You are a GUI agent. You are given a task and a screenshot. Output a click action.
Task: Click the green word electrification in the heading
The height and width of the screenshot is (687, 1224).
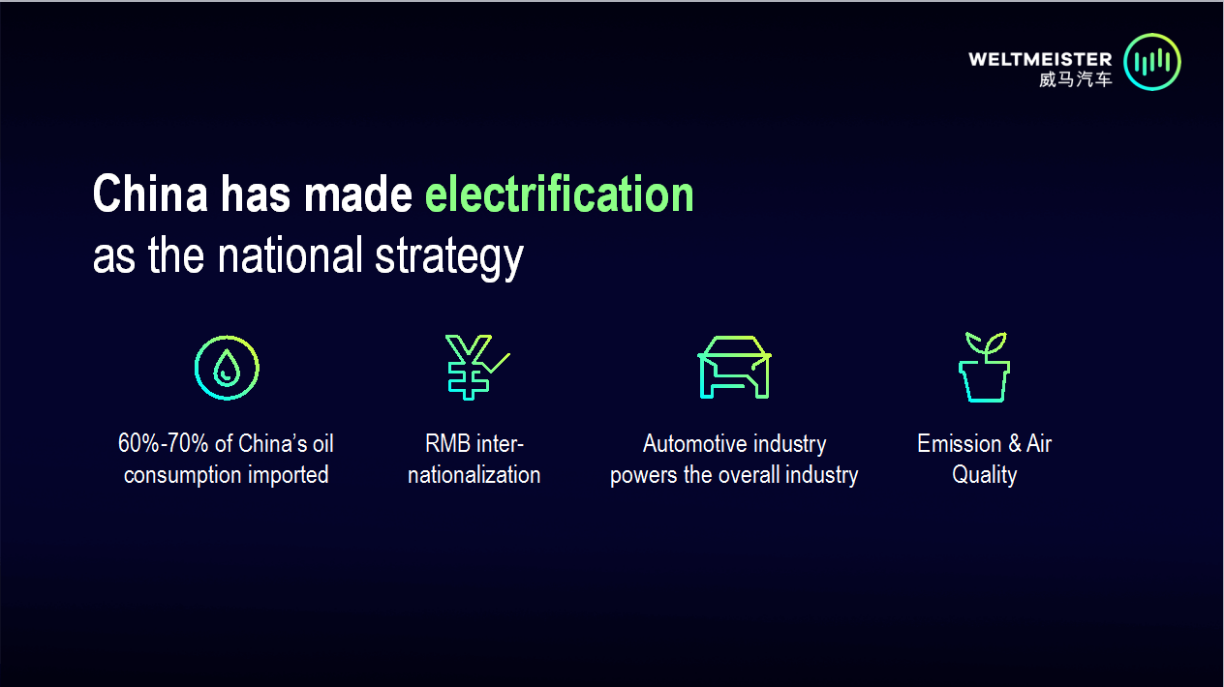point(559,194)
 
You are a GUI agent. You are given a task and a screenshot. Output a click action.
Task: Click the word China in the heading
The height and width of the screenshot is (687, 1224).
point(150,194)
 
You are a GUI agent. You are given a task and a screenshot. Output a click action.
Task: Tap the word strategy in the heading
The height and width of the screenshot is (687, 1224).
point(449,257)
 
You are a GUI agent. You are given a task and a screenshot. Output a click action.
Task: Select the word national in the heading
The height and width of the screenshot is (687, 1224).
point(291,255)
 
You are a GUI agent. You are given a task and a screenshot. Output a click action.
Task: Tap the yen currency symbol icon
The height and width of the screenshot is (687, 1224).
point(469,368)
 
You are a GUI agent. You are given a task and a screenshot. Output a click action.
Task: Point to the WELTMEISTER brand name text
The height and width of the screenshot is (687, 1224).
point(1040,59)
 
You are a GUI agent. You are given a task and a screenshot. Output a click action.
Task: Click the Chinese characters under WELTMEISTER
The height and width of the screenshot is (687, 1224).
point(1076,79)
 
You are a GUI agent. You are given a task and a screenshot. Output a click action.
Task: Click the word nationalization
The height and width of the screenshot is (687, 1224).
point(474,474)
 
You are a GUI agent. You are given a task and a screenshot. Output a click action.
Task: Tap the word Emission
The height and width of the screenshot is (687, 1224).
point(959,443)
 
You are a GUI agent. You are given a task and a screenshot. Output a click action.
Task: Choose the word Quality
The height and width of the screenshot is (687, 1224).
point(984,475)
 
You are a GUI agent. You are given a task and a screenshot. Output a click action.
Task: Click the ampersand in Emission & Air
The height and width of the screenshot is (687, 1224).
point(1015,443)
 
